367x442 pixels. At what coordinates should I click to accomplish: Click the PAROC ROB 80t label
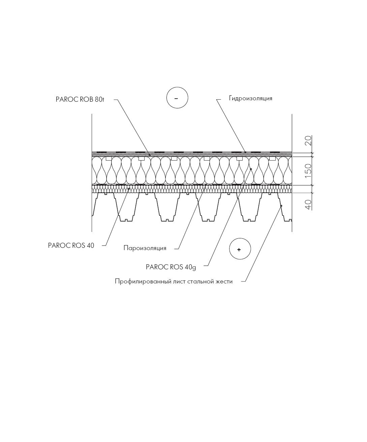coord(80,100)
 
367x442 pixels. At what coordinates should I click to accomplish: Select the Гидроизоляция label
coord(250,98)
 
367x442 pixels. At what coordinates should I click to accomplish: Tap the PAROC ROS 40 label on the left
coord(71,245)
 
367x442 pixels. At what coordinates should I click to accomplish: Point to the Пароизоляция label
coord(145,248)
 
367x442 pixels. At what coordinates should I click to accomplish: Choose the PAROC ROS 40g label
coord(171,267)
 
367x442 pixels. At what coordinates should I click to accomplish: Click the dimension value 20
coord(309,140)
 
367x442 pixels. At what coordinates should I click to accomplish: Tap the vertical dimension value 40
coord(309,204)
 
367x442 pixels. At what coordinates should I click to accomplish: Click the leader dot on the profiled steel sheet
coord(281,206)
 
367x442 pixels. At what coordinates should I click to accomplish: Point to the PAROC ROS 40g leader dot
coord(251,169)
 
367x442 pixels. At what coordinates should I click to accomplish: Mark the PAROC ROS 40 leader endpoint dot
coord(129,189)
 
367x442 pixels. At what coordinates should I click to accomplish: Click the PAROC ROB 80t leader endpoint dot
coord(150,155)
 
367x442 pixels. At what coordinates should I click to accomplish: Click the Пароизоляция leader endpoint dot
coord(206,184)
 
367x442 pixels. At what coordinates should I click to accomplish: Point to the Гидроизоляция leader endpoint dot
coord(245,152)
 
